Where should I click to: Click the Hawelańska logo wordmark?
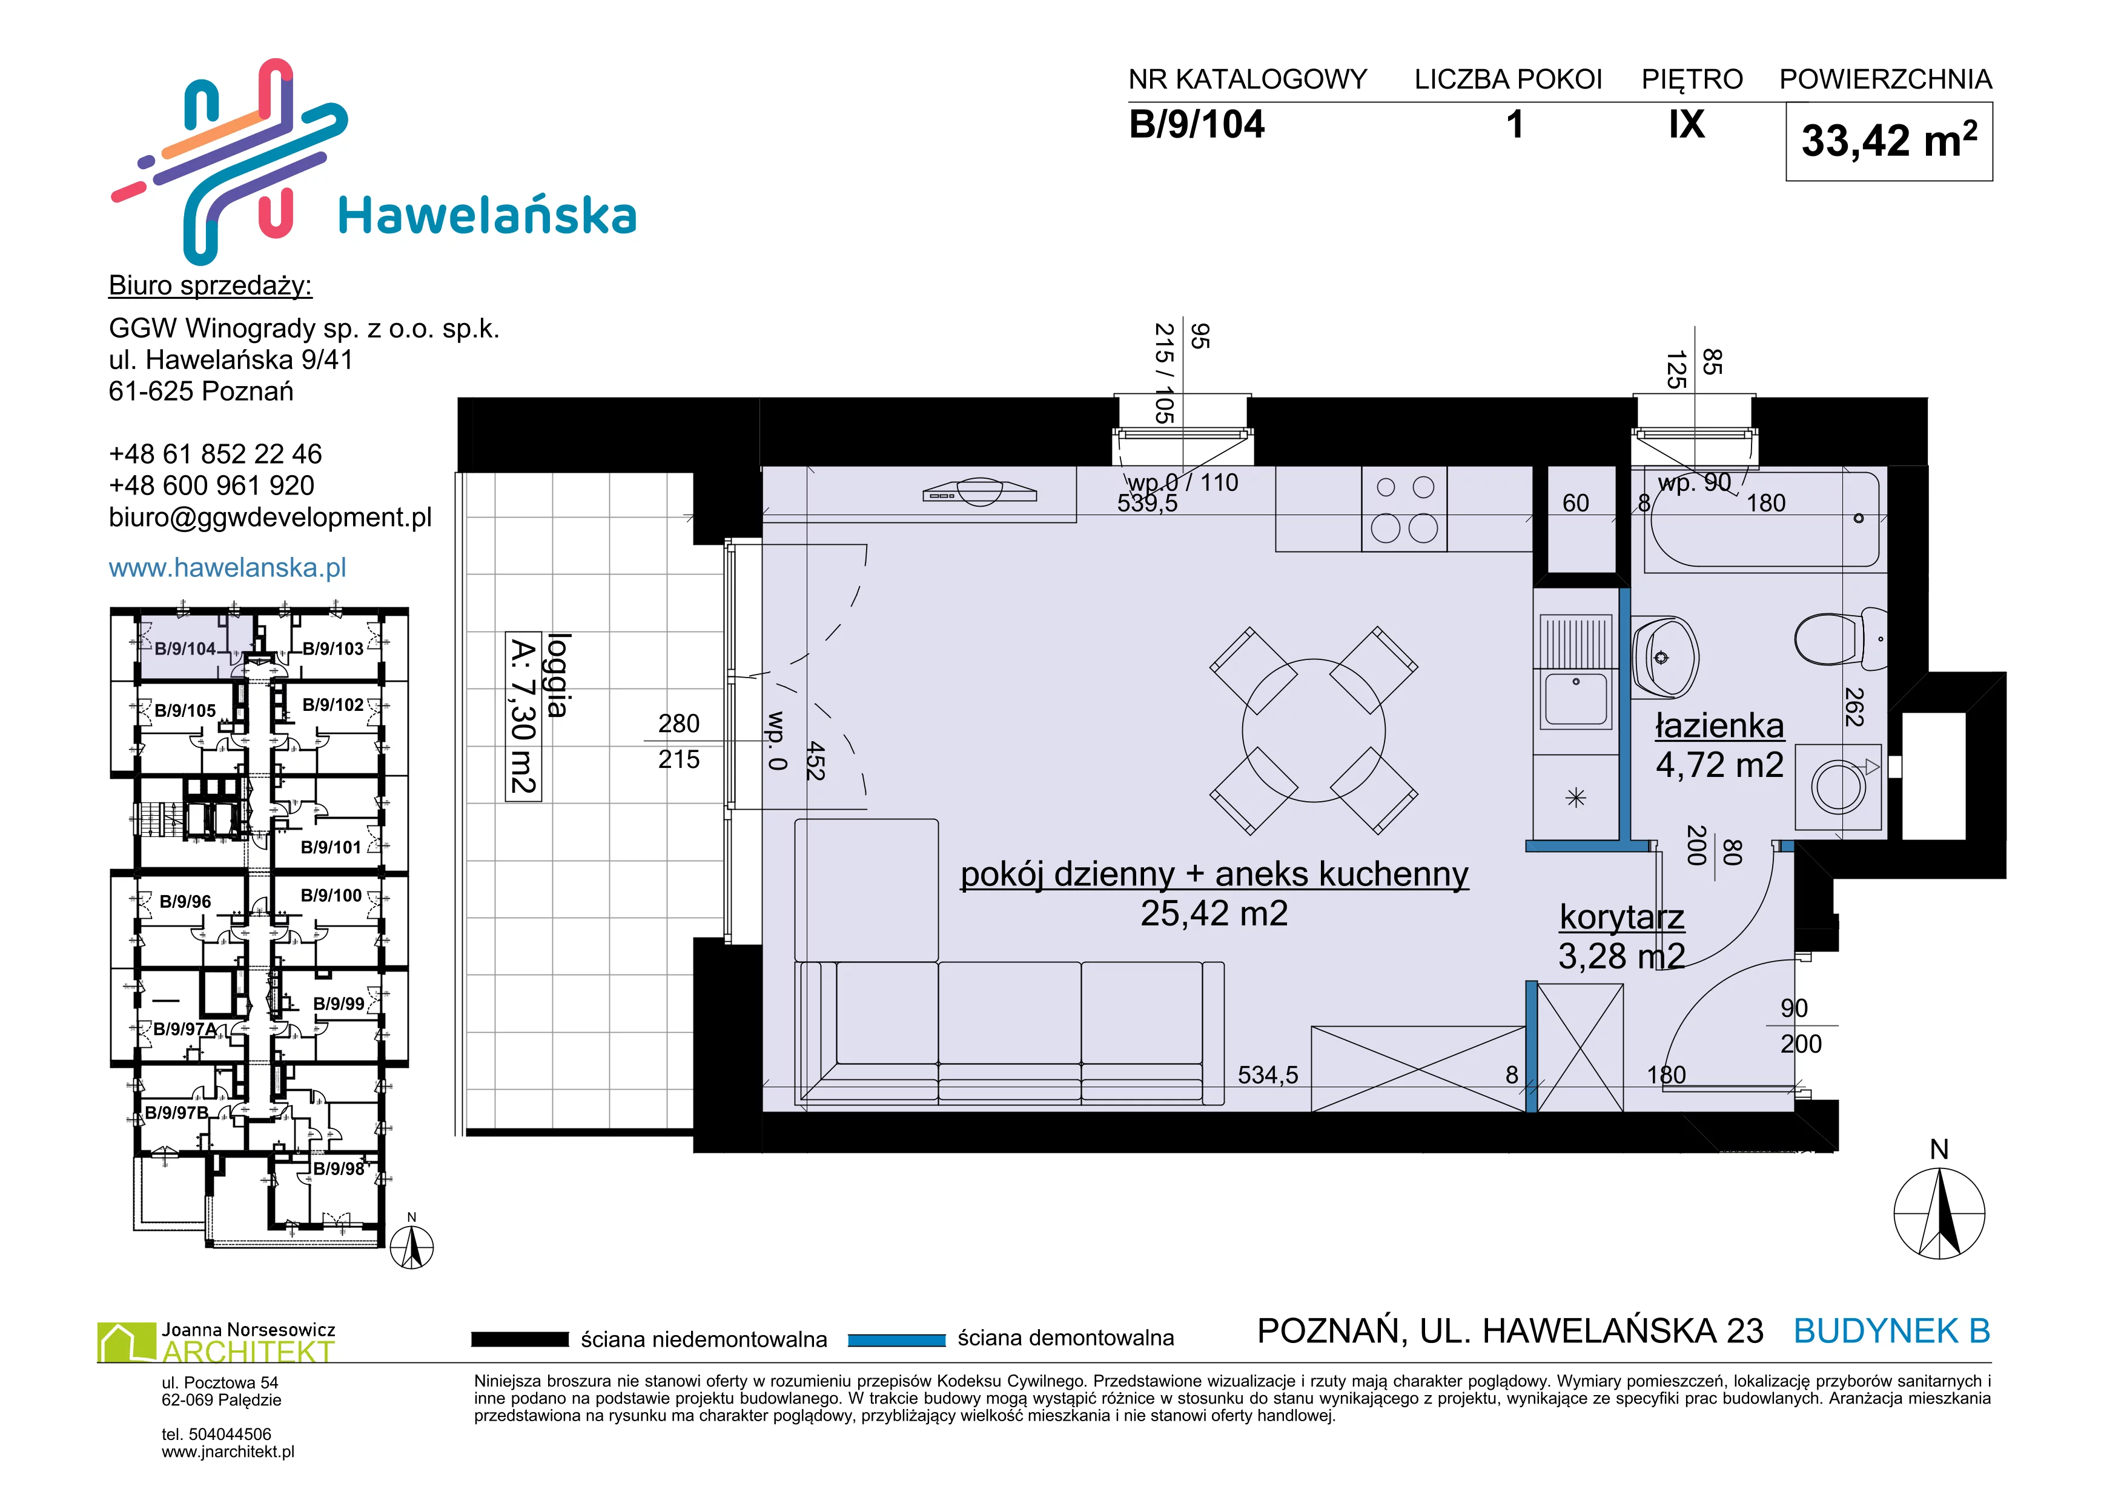[x=488, y=216]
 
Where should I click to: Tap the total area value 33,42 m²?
[x=1888, y=141]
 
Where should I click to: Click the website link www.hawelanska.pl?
[x=228, y=567]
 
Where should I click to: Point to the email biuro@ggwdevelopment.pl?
[x=270, y=518]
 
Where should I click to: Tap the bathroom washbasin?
[x=1664, y=657]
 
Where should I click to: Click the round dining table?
[x=1314, y=730]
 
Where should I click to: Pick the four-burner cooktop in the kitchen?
[x=1404, y=509]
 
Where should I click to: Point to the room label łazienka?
[x=1719, y=727]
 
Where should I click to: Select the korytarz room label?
[x=1622, y=916]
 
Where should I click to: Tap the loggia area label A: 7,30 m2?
[x=524, y=715]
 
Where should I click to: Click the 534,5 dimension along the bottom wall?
[x=1268, y=1075]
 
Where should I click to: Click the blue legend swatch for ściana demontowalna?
[x=896, y=1339]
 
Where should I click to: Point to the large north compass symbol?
[x=1939, y=1211]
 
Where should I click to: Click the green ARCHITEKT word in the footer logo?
[x=248, y=1352]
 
